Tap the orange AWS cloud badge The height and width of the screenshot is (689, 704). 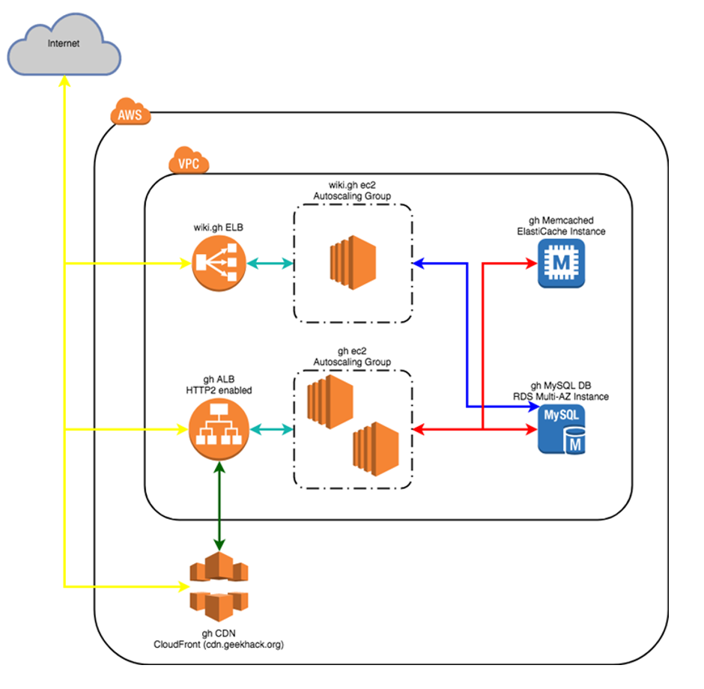(x=130, y=115)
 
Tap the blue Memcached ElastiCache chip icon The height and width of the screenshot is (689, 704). (x=561, y=263)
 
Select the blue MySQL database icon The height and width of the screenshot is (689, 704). (x=562, y=430)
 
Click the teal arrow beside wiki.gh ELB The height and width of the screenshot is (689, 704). (x=270, y=263)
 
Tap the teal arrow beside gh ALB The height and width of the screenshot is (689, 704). (x=270, y=429)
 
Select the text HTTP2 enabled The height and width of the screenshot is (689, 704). (x=219, y=390)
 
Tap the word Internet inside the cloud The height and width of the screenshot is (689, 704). (x=63, y=43)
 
